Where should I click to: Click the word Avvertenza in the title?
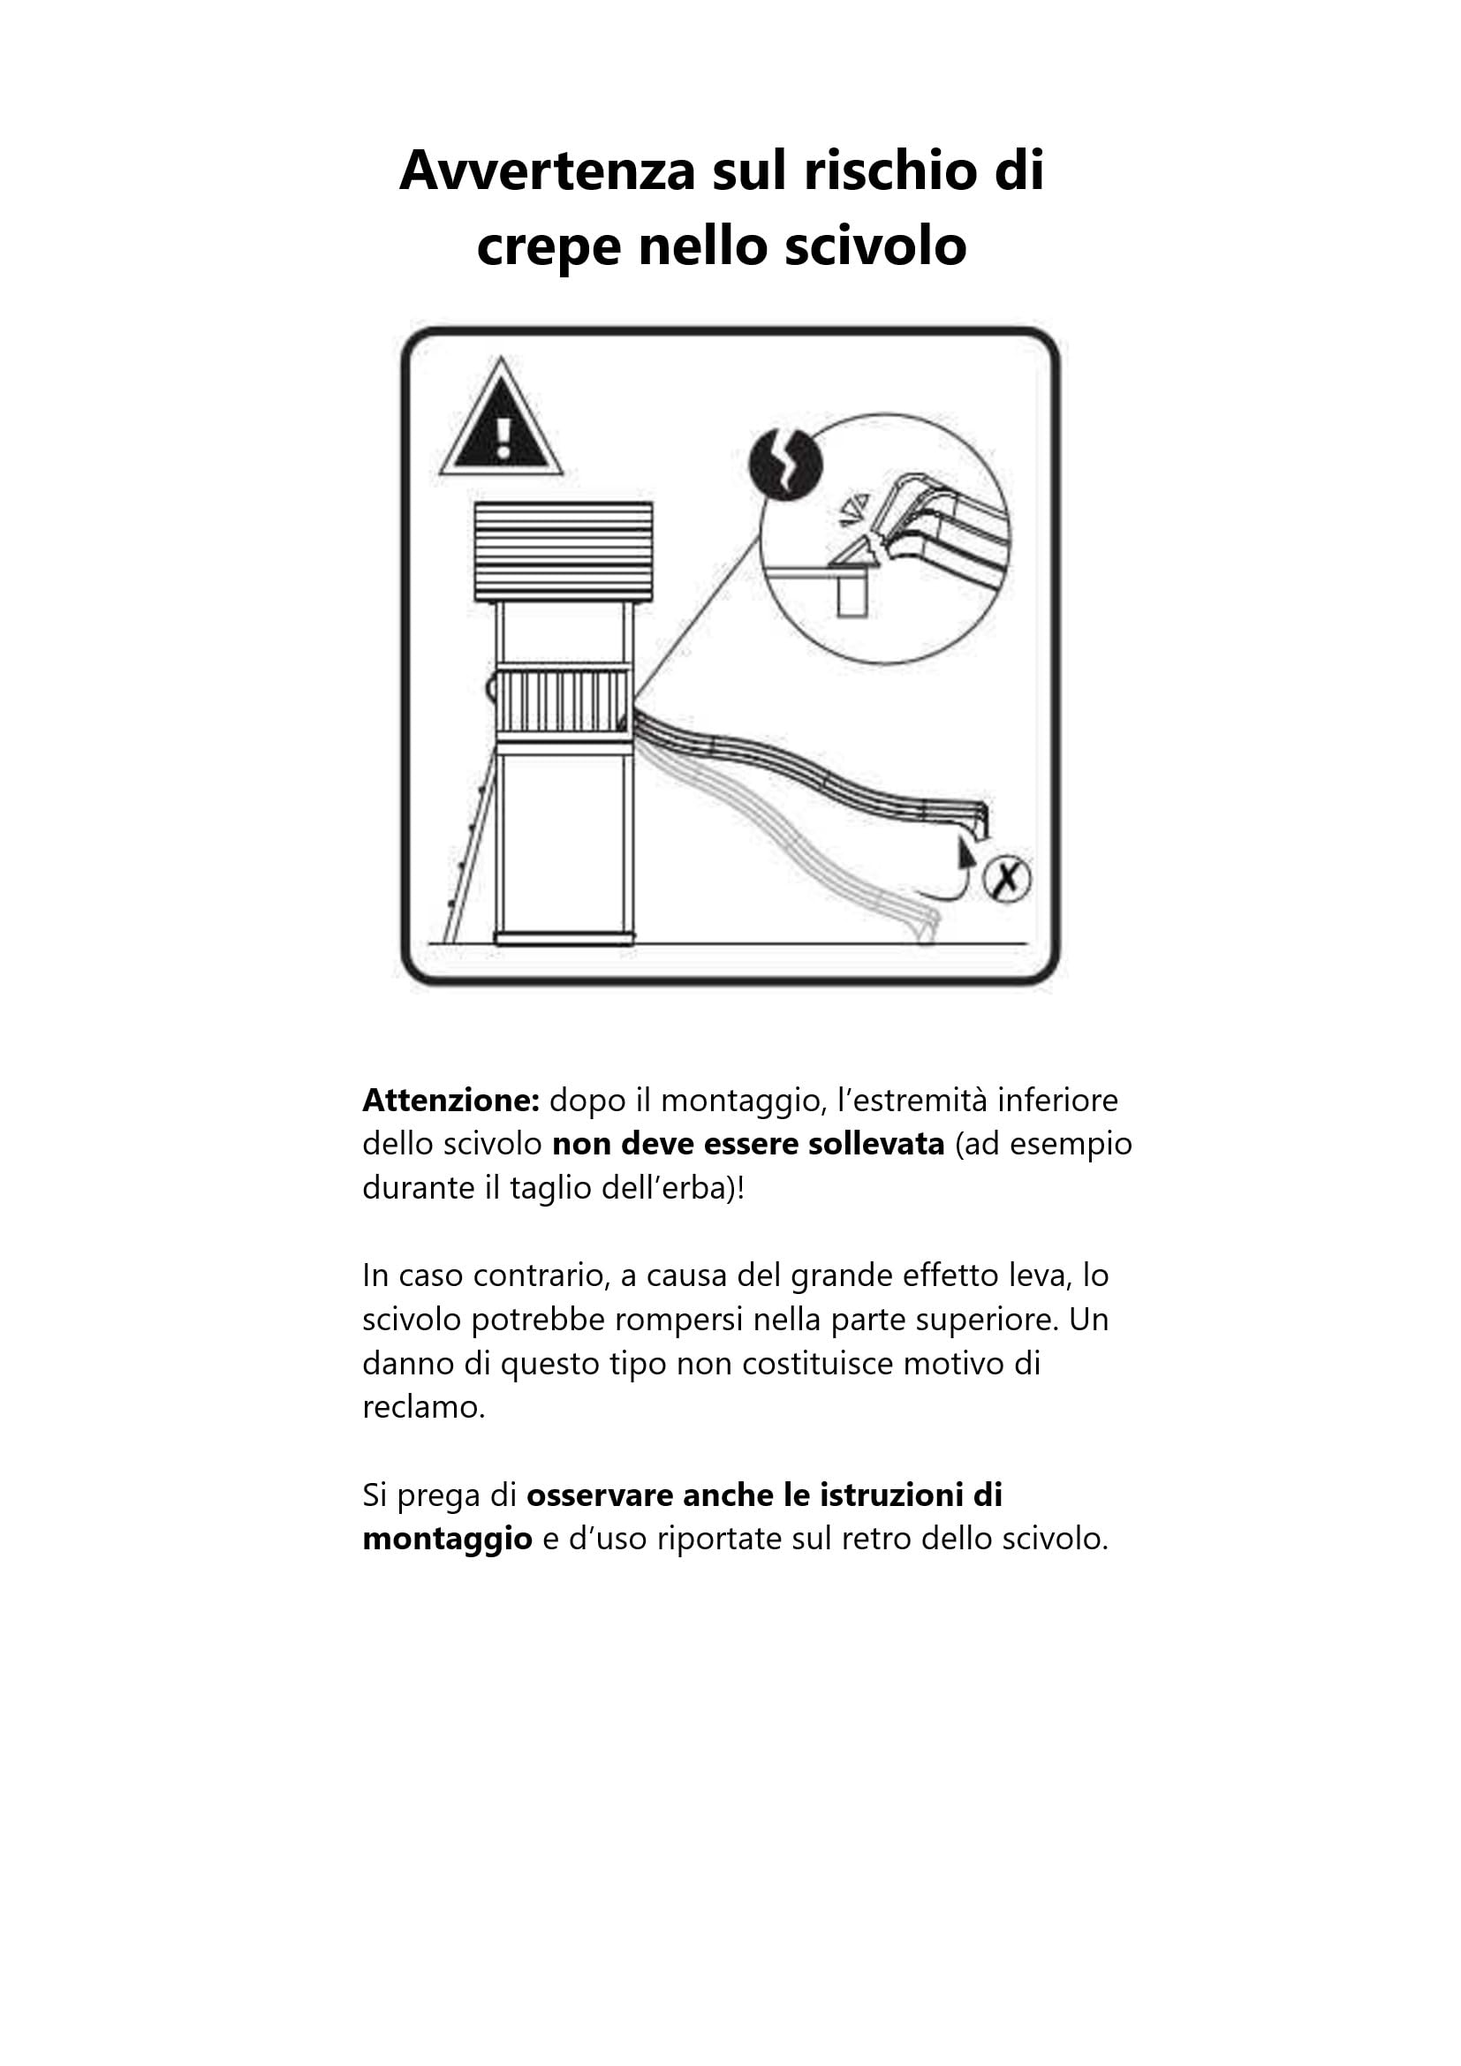click(x=547, y=170)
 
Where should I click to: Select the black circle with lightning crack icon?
click(x=786, y=465)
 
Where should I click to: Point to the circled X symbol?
click(x=1007, y=878)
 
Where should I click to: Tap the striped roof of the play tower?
click(x=564, y=551)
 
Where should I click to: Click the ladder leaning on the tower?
click(x=469, y=851)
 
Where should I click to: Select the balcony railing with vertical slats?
click(x=564, y=700)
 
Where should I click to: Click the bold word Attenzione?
click(x=450, y=1101)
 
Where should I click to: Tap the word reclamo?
click(x=424, y=1407)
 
